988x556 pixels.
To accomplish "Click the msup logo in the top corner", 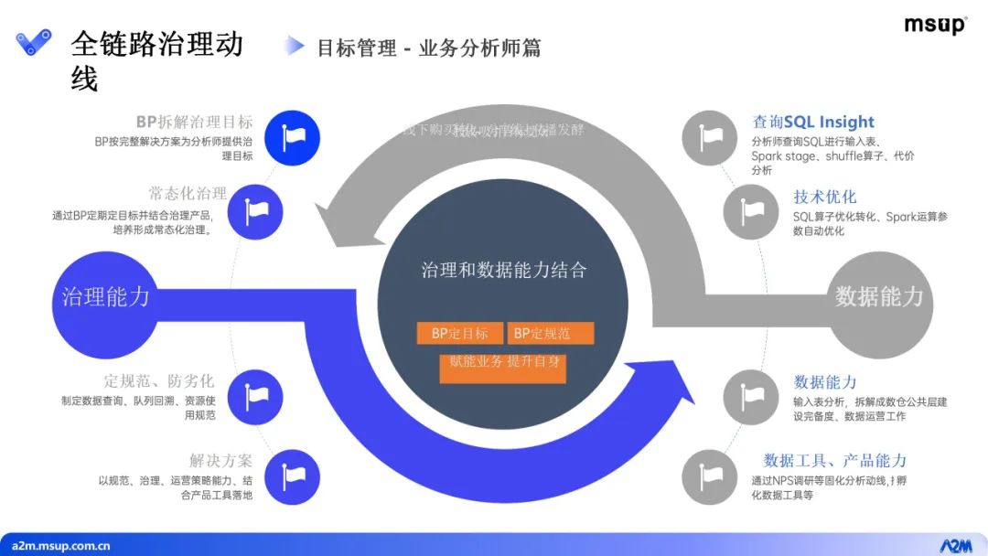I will [x=935, y=25].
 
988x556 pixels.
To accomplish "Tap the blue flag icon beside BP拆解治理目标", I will [x=294, y=137].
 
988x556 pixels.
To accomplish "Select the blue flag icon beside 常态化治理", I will [x=258, y=211].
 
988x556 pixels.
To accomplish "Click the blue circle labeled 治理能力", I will [x=105, y=296].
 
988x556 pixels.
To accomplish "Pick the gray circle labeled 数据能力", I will [x=879, y=296].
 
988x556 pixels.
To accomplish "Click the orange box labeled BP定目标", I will [x=459, y=334].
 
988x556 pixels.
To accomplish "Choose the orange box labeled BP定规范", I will [x=550, y=334].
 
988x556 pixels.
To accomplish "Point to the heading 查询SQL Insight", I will [x=813, y=122].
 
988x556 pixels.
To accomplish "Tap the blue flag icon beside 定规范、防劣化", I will [x=258, y=396].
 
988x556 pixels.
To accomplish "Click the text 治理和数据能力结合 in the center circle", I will [x=503, y=270].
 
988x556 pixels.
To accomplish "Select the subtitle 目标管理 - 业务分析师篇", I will [x=428, y=48].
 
